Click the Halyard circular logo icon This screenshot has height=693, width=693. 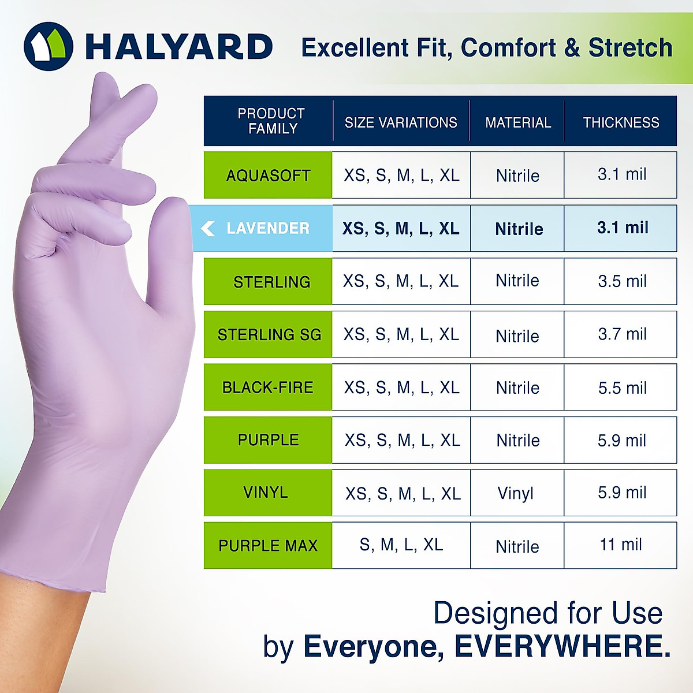[x=49, y=47]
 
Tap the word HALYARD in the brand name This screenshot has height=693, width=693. [x=179, y=47]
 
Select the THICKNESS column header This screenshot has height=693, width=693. [x=621, y=122]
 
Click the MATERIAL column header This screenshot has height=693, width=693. [x=518, y=122]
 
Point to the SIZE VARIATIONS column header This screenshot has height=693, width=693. [x=401, y=122]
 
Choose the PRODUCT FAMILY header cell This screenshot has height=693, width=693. [x=271, y=121]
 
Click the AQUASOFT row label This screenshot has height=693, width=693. [x=268, y=176]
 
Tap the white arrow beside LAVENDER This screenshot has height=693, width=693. [x=208, y=229]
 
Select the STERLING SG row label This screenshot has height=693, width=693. [x=269, y=334]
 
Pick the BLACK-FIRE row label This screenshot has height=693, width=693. [x=268, y=388]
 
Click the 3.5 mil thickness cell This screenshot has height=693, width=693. [x=622, y=281]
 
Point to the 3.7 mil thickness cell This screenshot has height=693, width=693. [x=622, y=334]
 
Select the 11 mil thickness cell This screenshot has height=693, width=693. [x=621, y=545]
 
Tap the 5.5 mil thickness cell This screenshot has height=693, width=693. [x=622, y=388]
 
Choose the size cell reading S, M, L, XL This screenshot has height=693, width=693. [x=401, y=545]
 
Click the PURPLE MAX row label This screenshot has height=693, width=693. [x=268, y=546]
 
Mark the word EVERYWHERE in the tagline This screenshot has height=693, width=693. [x=562, y=646]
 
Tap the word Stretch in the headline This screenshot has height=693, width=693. [x=630, y=48]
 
